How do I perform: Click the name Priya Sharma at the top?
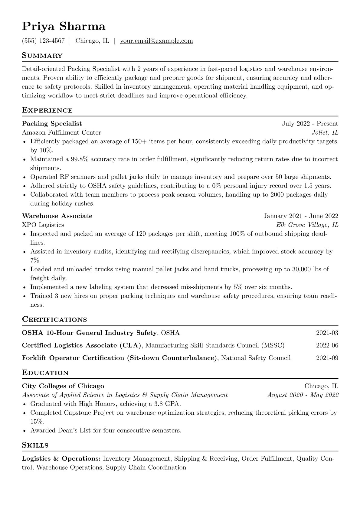64,27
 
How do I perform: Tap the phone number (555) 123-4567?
43,41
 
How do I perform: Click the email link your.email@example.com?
156,41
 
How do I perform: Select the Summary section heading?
42,56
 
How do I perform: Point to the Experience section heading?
47,110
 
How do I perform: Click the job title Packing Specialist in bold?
52,124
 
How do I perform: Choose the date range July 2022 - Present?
310,124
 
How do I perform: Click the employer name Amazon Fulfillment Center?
61,132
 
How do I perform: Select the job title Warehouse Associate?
57,216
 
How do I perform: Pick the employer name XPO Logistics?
43,225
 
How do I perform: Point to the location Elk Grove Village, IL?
307,225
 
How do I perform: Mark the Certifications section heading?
54,320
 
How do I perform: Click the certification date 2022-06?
327,345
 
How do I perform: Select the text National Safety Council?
256,358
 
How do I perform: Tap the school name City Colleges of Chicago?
63,386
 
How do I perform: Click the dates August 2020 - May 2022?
303,395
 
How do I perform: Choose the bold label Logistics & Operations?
61,459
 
